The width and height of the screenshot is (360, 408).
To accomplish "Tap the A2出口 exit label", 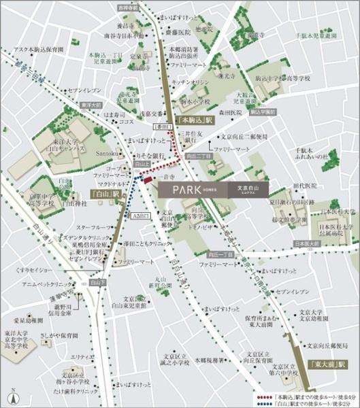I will click(140, 216).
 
